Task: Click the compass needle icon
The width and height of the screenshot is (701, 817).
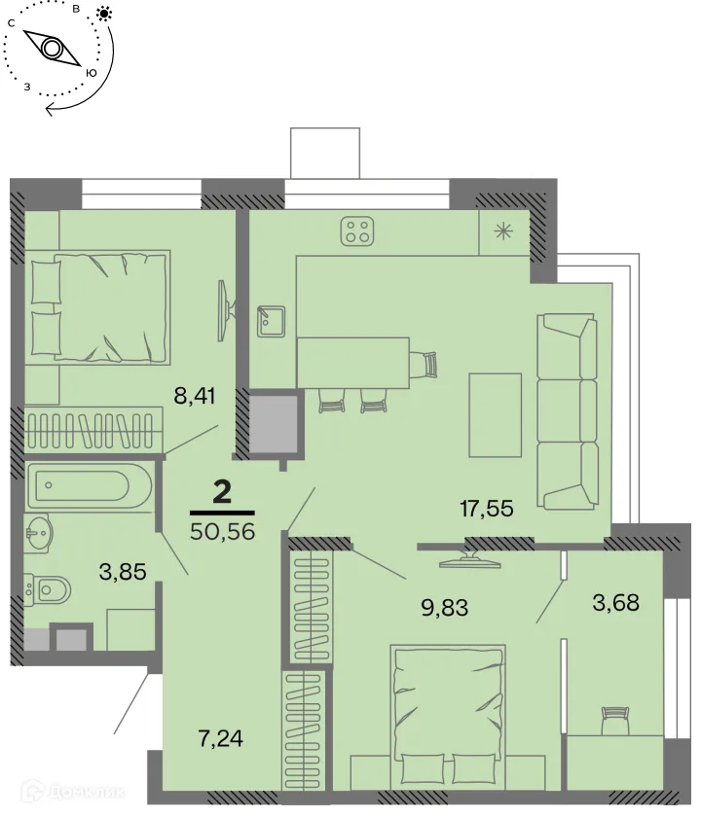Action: [x=52, y=48]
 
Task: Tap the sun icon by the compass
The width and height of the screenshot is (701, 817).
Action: [x=104, y=15]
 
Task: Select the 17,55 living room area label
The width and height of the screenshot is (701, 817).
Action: [x=486, y=506]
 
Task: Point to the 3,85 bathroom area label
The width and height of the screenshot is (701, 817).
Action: [x=123, y=572]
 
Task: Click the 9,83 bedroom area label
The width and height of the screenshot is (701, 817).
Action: [x=444, y=608]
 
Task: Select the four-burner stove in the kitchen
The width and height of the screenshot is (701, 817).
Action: [x=357, y=231]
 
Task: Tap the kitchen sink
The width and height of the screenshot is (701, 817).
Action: [x=269, y=321]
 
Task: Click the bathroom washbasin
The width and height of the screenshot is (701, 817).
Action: [x=42, y=530]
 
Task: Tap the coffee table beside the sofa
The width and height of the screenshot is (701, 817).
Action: [x=495, y=414]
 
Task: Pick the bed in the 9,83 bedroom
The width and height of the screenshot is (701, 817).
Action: [x=450, y=715]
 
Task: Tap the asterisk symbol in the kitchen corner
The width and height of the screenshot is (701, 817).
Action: [x=503, y=231]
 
